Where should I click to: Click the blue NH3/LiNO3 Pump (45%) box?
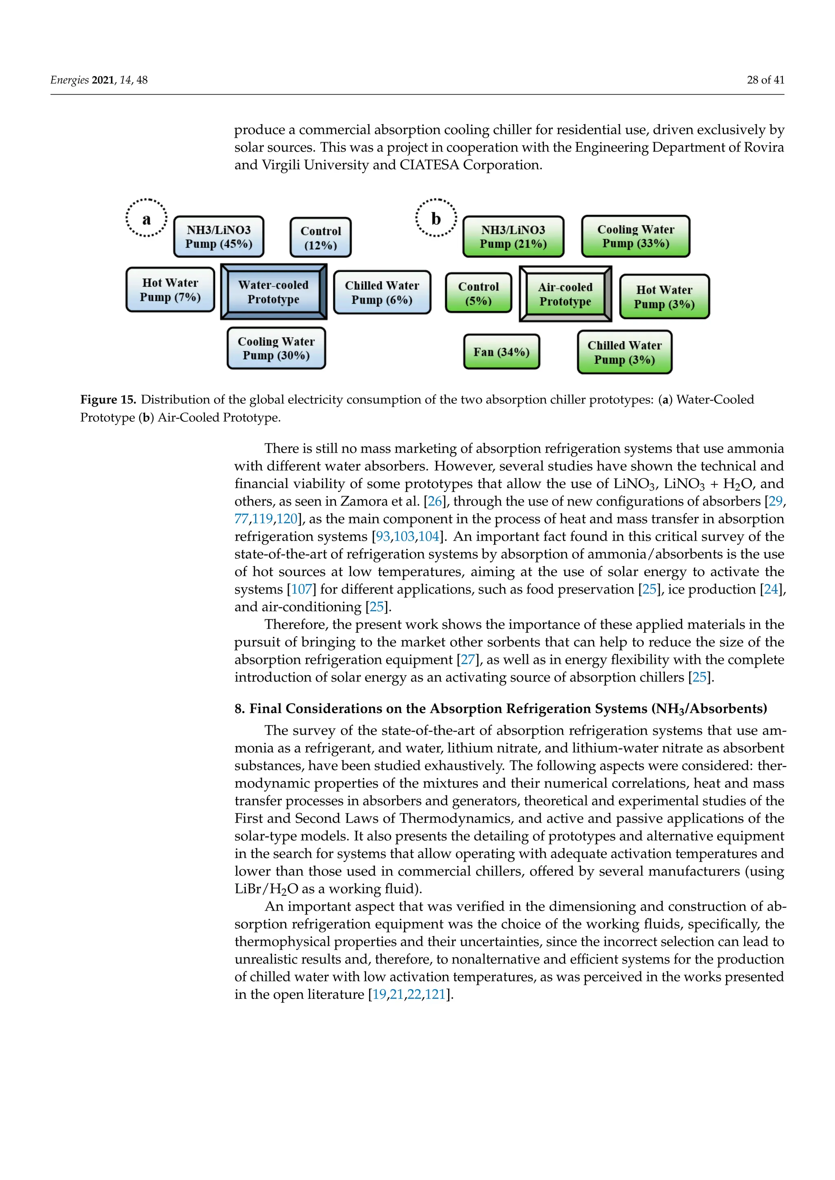tap(219, 237)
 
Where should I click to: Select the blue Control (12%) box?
tap(320, 238)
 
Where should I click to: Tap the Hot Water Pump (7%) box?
tap(170, 290)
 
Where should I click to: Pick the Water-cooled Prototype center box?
tap(273, 292)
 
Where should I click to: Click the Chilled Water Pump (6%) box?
tap(382, 293)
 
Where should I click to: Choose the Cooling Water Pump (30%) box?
tap(276, 348)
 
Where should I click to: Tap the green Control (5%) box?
tap(478, 293)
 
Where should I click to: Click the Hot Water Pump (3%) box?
tap(664, 297)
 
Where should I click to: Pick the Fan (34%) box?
tap(501, 352)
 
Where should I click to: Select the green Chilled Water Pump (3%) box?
tap(624, 352)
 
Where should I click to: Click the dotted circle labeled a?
tap(146, 218)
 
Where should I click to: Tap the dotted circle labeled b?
tap(435, 218)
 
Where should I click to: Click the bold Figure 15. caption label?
tap(108, 400)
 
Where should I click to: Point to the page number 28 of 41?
tap(765, 80)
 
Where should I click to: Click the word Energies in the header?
tap(69, 80)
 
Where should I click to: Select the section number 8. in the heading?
tap(240, 709)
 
